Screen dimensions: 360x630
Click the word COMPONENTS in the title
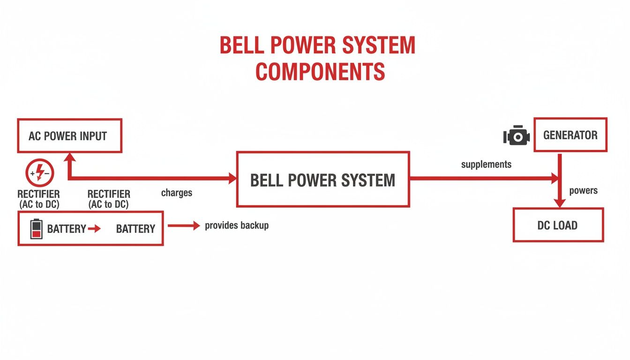point(320,72)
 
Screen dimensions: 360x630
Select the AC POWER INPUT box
point(70,136)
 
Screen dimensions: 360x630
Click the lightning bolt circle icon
point(39,172)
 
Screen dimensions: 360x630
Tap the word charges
point(177,193)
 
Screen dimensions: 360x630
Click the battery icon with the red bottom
point(36,229)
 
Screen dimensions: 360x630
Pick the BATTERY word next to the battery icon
point(67,229)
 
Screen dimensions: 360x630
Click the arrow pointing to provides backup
point(184,225)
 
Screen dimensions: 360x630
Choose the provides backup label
point(237,225)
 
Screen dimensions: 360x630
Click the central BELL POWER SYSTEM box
point(322,180)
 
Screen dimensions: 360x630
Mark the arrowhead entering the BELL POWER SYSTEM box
point(232,178)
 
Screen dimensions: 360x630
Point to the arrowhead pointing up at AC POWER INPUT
point(70,159)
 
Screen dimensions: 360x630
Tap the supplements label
point(486,165)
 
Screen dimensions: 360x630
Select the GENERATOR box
point(570,135)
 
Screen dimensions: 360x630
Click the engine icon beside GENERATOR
point(516,136)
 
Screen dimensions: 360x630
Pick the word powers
point(583,191)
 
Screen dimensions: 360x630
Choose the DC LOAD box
point(558,225)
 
